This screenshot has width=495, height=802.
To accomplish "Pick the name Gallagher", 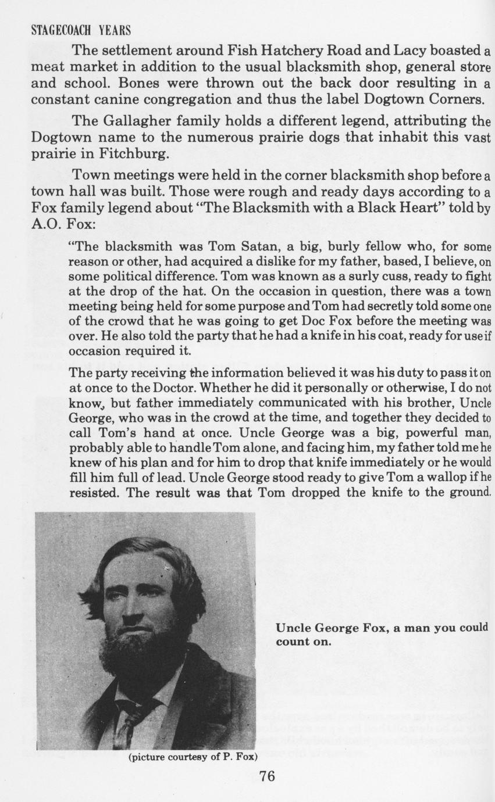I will pos(136,121).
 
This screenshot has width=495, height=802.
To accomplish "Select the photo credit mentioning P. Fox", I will pos(192,757).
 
